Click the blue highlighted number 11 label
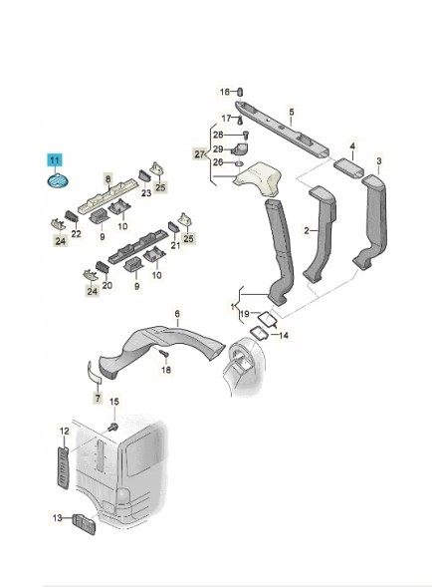coord(55,160)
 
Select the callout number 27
coord(200,153)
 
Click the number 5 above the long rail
coord(292,112)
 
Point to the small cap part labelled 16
coord(241,92)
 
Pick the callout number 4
coord(352,146)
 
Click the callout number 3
coord(379,161)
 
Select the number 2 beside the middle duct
coord(307,230)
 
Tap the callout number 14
coord(284,335)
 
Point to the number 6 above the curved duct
coord(177,313)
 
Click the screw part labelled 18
coord(164,353)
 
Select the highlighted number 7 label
coord(98,398)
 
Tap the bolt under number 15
coord(112,426)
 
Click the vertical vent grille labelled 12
coord(64,467)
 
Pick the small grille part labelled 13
coord(85,524)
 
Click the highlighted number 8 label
coord(108,179)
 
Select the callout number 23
coord(146,192)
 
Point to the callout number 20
coord(108,286)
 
